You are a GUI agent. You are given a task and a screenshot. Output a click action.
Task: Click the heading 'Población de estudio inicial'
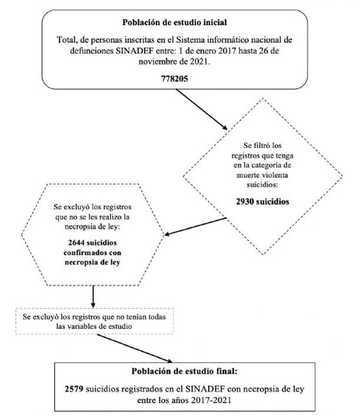tap(175, 22)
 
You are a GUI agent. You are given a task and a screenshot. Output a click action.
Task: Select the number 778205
tap(175, 79)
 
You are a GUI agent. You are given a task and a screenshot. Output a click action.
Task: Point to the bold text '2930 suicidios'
tap(262, 202)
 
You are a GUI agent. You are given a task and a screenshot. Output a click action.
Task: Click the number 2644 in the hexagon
tap(76, 243)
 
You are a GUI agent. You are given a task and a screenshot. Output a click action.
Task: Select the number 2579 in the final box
tap(74, 389)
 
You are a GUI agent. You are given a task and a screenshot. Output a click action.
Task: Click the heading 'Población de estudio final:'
tap(184, 371)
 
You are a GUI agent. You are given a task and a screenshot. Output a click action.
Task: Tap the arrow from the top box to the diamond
tap(202, 109)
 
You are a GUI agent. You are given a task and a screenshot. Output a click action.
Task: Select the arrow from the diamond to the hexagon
tap(195, 226)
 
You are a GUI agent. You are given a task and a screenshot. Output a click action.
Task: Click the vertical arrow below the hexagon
tap(93, 296)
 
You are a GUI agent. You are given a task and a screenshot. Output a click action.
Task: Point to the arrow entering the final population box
tap(135, 348)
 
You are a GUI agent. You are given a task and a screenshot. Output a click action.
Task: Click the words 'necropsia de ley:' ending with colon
tap(92, 227)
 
